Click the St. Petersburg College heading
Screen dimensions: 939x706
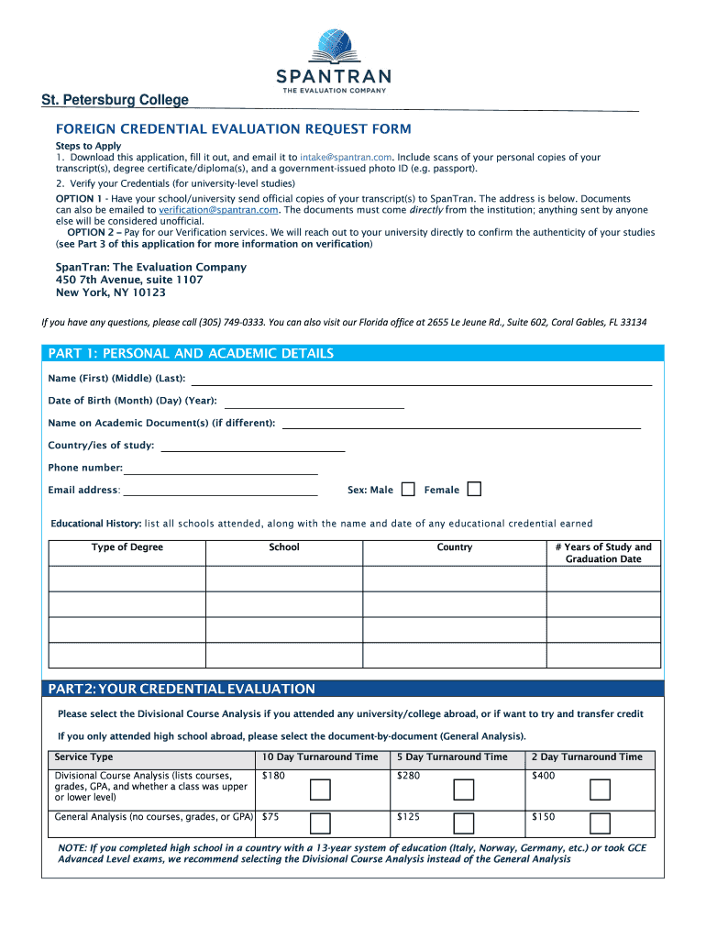pos(115,100)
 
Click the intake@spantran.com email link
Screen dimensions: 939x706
pos(346,158)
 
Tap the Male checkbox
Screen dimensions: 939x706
pos(407,489)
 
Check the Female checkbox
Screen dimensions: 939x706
pos(473,489)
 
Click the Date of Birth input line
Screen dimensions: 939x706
pos(314,404)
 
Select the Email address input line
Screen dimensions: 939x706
pos(220,492)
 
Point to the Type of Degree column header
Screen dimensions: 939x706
pos(127,547)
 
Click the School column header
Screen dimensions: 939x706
pos(284,547)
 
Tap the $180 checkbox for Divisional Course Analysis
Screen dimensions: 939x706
pos(321,790)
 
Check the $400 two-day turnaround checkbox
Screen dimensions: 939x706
pos(600,790)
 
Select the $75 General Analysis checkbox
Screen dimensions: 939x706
pos(321,823)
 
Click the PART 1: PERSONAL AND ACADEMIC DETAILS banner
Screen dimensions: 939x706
pos(191,354)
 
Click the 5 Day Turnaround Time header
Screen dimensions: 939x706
pos(452,757)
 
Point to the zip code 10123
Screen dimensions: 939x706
pos(146,293)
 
